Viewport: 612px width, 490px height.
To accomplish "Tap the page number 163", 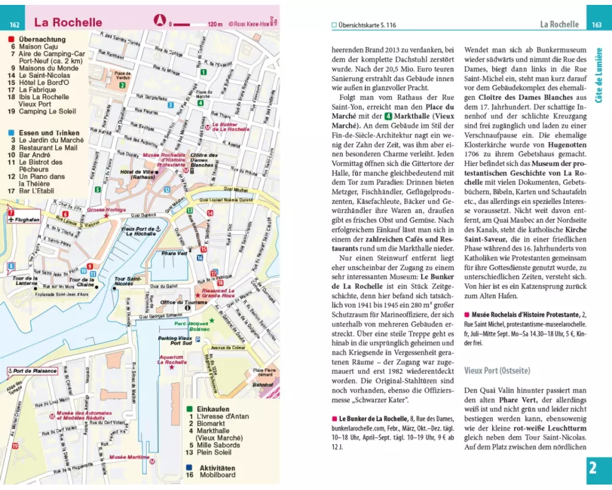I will [x=596, y=24].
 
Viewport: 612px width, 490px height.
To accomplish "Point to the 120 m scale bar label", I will [x=215, y=24].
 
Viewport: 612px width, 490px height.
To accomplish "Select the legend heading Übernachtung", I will [x=42, y=39].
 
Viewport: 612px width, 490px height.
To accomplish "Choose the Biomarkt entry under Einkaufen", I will [x=212, y=423].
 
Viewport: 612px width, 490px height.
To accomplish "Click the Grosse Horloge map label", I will [x=106, y=210].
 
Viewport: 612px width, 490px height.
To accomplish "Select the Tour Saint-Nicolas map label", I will [x=124, y=281].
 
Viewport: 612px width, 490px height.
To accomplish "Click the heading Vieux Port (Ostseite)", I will [x=496, y=371].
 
